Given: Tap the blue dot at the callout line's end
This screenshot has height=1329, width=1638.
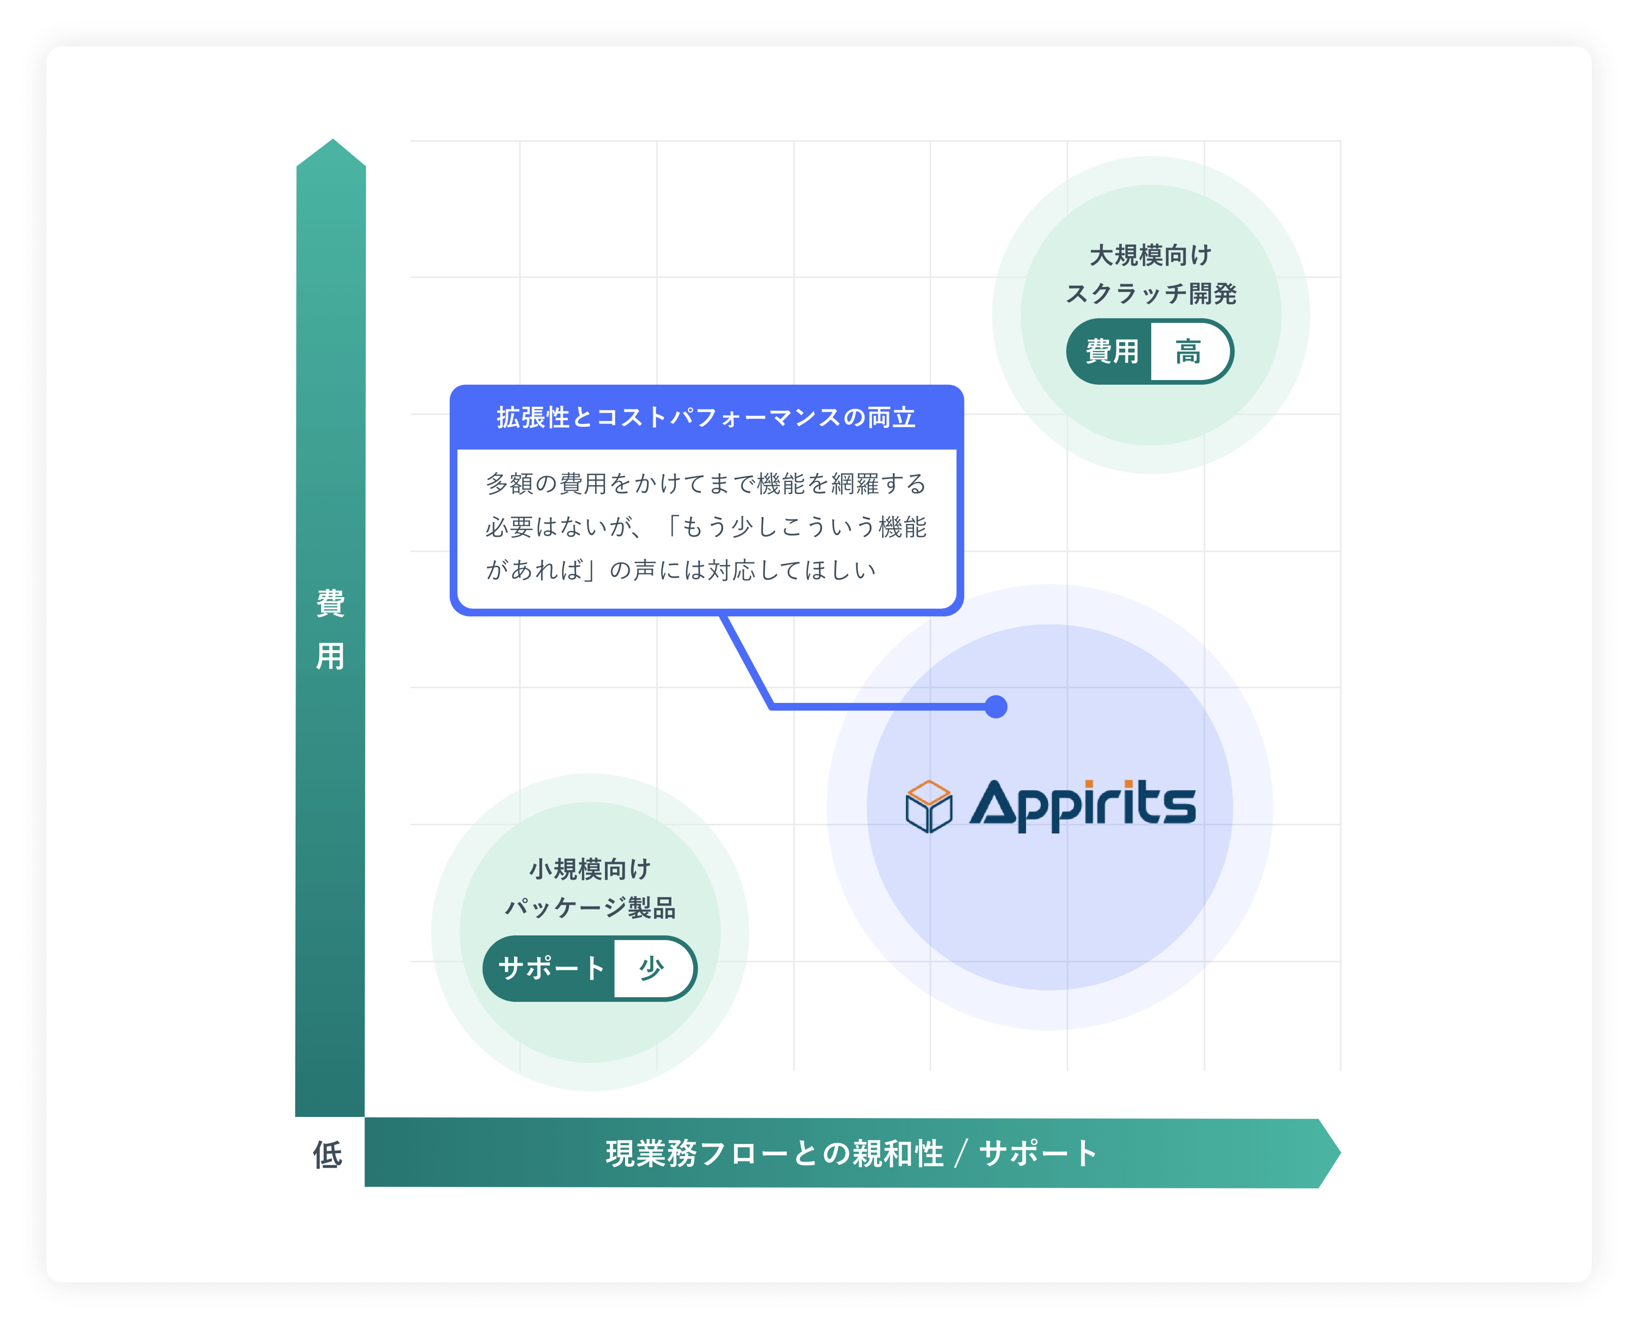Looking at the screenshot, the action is (995, 707).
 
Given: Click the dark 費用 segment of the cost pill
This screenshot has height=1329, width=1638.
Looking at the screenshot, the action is (1111, 351).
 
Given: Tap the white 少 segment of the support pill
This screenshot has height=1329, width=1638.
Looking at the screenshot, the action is (652, 968).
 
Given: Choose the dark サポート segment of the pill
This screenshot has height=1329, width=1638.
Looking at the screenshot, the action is (551, 968).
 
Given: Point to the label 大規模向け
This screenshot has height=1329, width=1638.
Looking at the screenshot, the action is (1150, 255).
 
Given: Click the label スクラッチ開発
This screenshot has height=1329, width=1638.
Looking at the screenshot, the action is (1150, 293).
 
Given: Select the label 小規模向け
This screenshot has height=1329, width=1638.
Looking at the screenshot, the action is (590, 869).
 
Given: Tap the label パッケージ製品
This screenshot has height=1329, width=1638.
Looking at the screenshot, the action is (590, 908).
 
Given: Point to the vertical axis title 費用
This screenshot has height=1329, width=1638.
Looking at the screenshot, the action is (330, 629).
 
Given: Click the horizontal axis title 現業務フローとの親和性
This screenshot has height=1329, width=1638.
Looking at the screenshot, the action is (774, 1153).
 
